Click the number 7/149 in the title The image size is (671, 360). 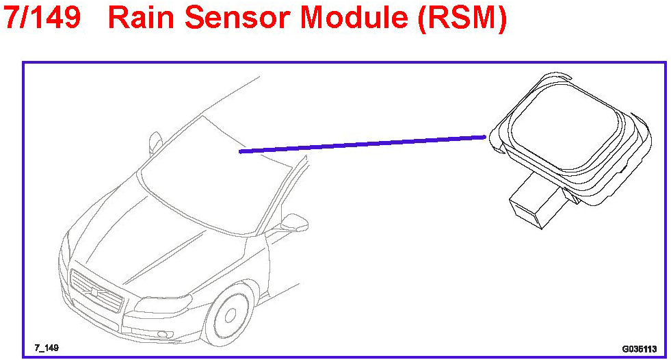(42, 18)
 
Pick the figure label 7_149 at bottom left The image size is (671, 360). (46, 348)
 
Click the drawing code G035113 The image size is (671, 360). (639, 348)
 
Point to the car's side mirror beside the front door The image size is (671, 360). (295, 223)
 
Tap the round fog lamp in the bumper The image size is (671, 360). (163, 334)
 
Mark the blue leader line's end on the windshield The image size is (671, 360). (240, 151)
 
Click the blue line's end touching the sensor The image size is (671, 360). (485, 137)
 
